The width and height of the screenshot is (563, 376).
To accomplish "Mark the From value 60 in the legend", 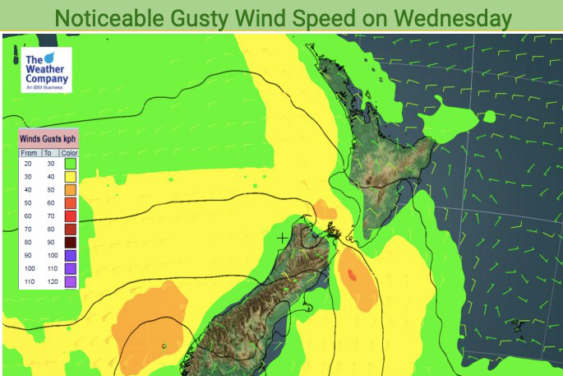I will [x=28, y=216].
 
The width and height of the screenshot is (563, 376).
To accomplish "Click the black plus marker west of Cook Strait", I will [x=284, y=238].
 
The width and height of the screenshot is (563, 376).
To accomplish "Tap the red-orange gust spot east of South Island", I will [x=353, y=276].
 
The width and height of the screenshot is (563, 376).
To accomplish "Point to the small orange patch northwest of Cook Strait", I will [x=325, y=209].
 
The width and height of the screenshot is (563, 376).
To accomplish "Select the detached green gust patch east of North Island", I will [x=452, y=115].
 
